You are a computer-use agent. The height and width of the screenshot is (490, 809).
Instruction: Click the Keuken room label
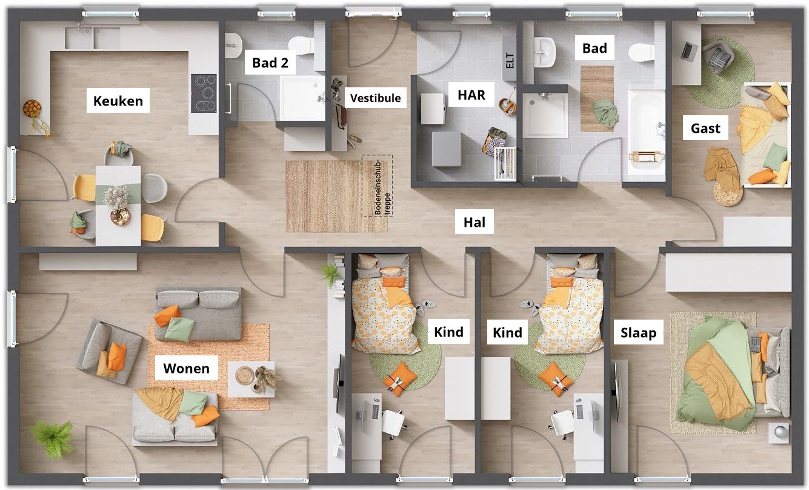[118, 101]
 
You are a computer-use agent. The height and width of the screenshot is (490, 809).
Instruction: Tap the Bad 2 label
[270, 63]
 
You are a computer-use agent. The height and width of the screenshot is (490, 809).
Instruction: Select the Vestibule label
[375, 98]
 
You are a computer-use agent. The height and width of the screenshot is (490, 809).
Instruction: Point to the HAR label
[471, 95]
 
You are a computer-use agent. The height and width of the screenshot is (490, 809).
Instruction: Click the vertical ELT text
[510, 61]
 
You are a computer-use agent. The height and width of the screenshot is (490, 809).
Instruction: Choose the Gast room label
[705, 129]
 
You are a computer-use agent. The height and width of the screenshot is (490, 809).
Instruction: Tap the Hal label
[474, 222]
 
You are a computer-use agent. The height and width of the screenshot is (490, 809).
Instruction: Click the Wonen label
[187, 368]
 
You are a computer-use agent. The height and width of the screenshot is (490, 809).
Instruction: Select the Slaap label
[639, 332]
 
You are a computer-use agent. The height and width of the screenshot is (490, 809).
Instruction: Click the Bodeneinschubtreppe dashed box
[378, 186]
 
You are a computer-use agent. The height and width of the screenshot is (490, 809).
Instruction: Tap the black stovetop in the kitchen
[204, 93]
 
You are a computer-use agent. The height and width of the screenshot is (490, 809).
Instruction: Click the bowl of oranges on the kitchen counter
[32, 108]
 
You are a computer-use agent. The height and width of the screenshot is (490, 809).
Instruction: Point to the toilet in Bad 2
[301, 45]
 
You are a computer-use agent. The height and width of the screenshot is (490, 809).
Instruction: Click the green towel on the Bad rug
[605, 113]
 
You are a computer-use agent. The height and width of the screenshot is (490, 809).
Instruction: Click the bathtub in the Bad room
[647, 132]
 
